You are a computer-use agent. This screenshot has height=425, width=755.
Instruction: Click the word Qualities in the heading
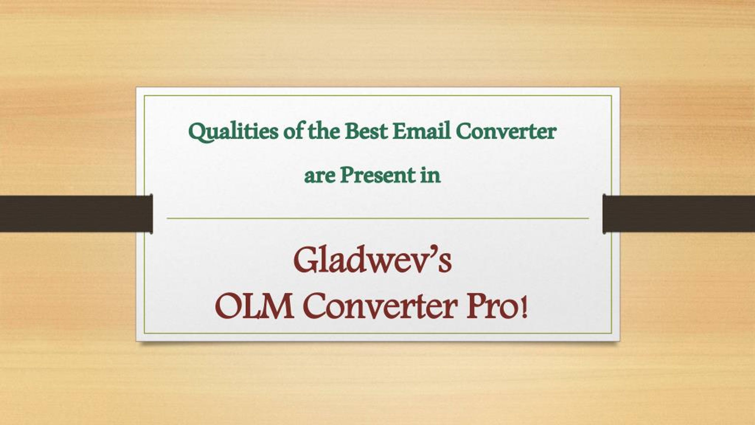point(233,132)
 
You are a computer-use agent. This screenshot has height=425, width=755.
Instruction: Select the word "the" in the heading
point(324,131)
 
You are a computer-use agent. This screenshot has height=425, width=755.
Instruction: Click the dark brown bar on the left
point(76,214)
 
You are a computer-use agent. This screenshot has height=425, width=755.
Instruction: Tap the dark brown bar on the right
point(679,214)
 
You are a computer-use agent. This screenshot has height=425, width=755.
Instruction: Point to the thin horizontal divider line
point(378,218)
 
